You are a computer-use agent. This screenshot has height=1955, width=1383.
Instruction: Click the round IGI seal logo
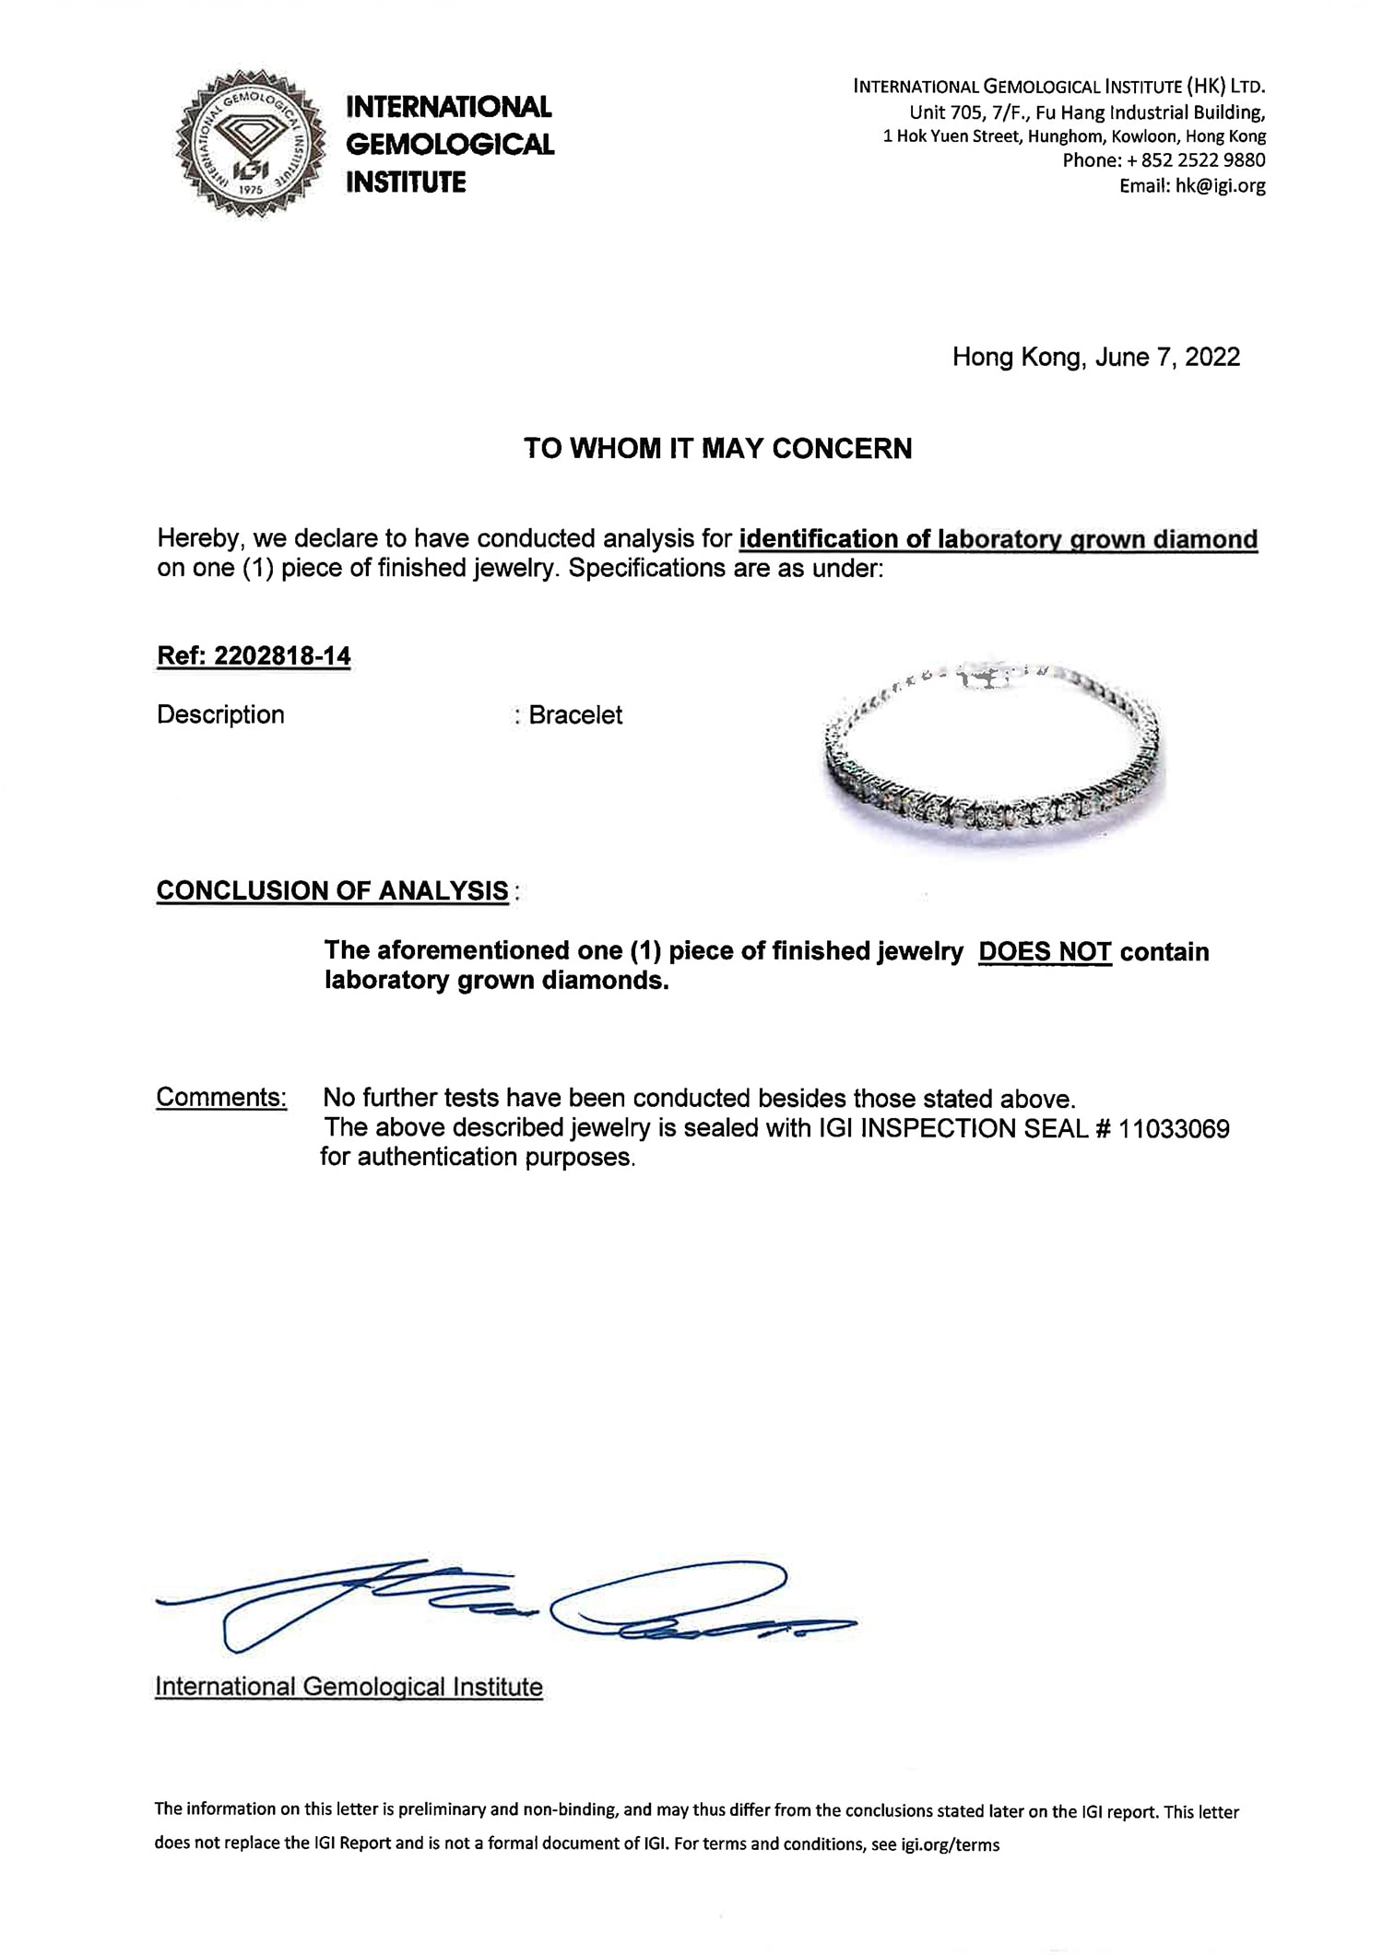[x=250, y=144]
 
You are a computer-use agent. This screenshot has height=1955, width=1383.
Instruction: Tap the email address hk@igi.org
[x=1219, y=185]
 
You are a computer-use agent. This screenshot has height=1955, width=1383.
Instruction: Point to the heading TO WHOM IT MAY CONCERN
[x=717, y=449]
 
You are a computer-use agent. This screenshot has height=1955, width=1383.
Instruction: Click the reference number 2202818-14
[x=282, y=656]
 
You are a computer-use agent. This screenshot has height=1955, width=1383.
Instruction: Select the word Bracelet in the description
[x=575, y=715]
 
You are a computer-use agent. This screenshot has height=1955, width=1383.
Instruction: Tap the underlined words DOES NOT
[x=1045, y=951]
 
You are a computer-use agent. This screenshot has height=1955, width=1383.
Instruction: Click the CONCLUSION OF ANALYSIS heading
[x=332, y=890]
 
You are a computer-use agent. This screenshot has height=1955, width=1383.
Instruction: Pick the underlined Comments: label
[x=221, y=1097]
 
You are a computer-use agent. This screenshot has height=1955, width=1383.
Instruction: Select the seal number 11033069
[x=1174, y=1128]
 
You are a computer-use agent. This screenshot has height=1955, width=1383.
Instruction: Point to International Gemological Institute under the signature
[x=349, y=1687]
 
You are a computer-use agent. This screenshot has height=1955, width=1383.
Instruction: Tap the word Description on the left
[x=220, y=715]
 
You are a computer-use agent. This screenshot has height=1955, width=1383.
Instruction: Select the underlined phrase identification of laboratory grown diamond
[x=998, y=539]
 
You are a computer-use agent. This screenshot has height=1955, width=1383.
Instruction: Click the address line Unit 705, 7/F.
[x=1086, y=112]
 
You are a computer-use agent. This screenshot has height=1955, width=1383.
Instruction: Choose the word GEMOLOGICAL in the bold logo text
[x=450, y=145]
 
